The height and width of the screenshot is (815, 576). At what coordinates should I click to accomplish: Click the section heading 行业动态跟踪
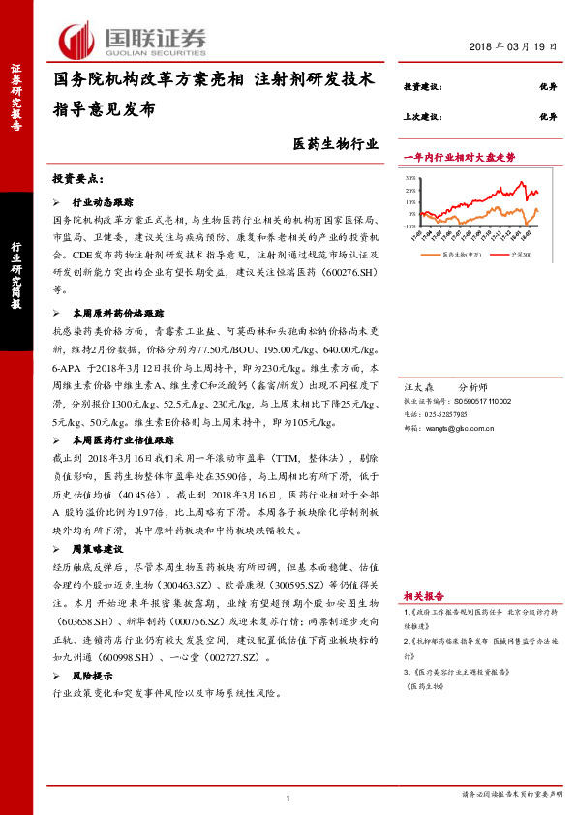click(105, 205)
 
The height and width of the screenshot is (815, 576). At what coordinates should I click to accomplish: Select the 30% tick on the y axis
click(410, 179)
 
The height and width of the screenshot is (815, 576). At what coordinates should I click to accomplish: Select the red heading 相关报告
click(423, 596)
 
